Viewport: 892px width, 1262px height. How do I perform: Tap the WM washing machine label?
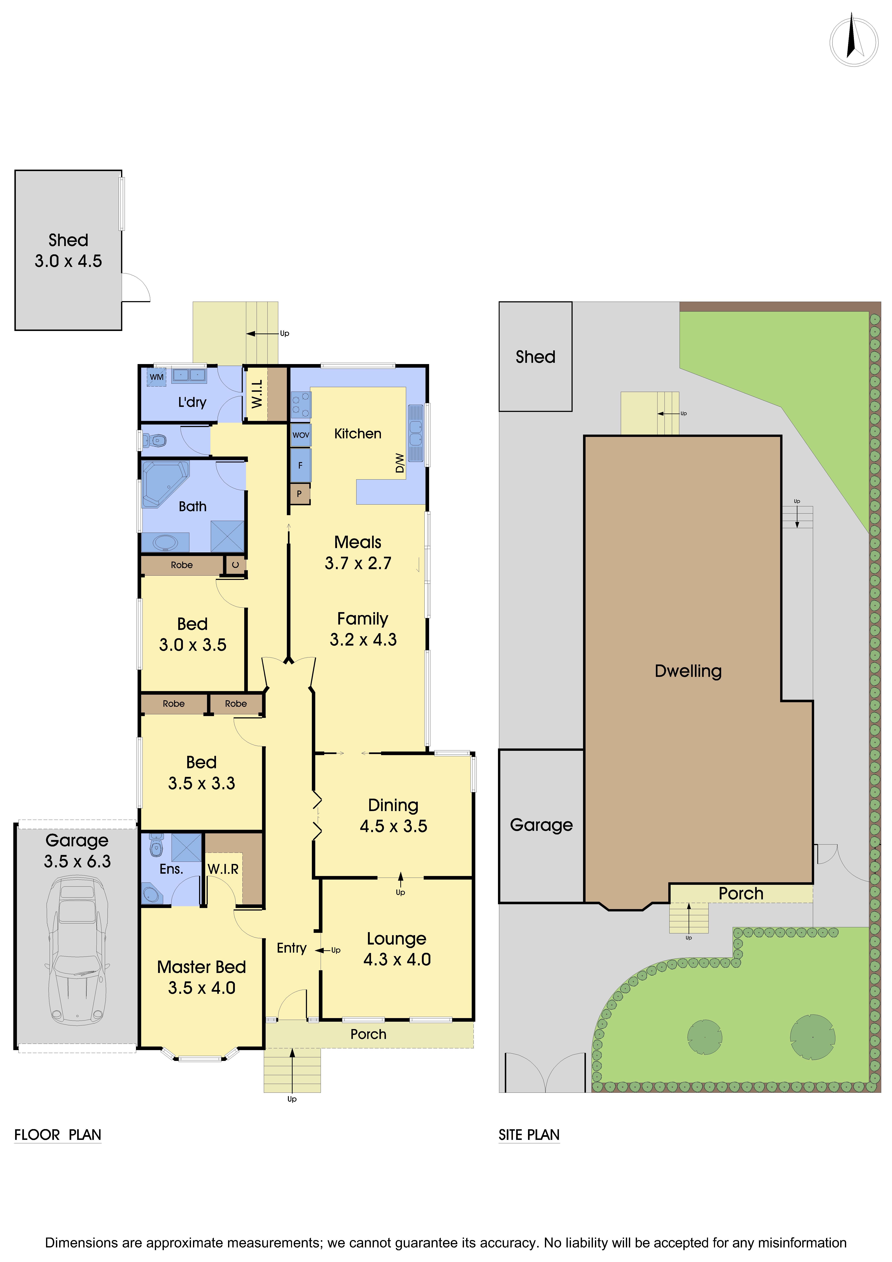[x=157, y=377]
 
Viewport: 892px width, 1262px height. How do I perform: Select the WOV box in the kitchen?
[x=301, y=435]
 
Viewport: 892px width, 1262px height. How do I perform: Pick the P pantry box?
[x=300, y=494]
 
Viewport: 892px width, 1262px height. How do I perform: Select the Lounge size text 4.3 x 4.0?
[x=397, y=959]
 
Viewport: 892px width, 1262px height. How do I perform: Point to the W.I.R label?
[x=223, y=869]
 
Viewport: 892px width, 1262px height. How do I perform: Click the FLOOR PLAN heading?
[x=58, y=1135]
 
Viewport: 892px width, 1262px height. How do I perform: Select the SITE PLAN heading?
[x=529, y=1135]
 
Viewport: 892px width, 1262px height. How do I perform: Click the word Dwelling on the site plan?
[x=688, y=671]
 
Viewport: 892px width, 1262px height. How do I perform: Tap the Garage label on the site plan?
[x=541, y=825]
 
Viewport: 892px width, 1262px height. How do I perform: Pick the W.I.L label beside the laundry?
[x=257, y=394]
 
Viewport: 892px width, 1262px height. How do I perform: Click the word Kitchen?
[x=358, y=434]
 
